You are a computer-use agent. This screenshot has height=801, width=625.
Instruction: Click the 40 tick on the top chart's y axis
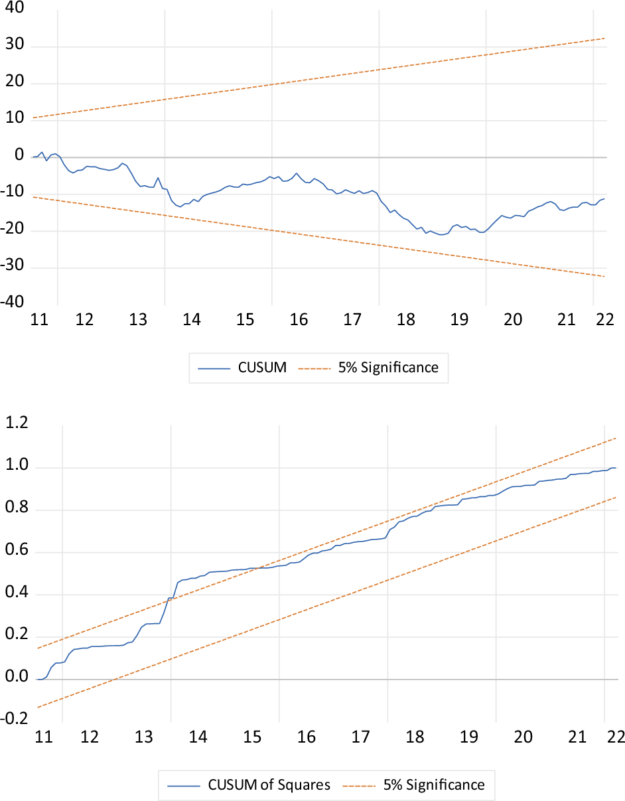14,8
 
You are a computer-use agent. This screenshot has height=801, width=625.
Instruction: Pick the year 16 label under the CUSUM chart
299,319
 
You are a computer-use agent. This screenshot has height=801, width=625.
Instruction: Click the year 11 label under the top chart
40,319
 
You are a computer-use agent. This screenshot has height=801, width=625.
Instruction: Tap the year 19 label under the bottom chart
469,737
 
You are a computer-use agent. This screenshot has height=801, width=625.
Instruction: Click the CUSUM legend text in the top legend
262,367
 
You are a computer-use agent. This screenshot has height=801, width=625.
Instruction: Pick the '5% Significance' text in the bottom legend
434,785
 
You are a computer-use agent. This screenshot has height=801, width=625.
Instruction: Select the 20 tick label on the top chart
14,83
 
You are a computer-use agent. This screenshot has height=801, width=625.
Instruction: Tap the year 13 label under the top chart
137,319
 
